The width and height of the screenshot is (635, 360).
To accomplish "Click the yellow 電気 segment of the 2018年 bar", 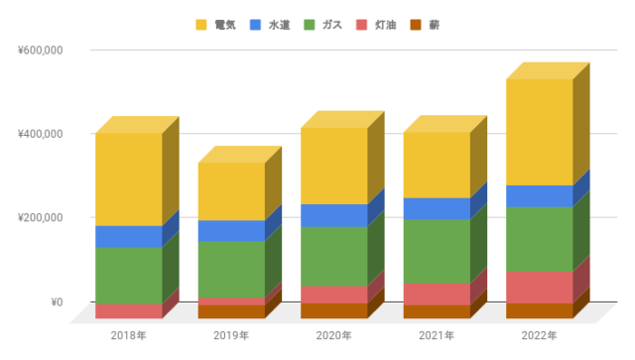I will (128, 179).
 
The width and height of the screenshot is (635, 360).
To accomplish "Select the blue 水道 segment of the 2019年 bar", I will (230, 230).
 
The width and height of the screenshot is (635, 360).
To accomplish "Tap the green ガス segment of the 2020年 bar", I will (333, 256).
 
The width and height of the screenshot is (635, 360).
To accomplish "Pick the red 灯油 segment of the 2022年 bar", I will (539, 287).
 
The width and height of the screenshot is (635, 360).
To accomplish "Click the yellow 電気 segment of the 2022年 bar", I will (539, 132).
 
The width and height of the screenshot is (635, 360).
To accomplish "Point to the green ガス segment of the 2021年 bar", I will (437, 251).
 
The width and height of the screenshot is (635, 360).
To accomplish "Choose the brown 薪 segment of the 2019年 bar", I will (230, 311).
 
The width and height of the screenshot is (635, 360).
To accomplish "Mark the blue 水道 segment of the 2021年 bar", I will (437, 208).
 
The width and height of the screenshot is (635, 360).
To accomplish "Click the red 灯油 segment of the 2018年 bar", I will (128, 310).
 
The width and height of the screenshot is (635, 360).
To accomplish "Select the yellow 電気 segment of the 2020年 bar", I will (333, 166).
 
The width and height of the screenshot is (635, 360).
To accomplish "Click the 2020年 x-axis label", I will (333, 336).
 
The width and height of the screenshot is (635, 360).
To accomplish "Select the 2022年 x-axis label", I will (539, 336).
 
